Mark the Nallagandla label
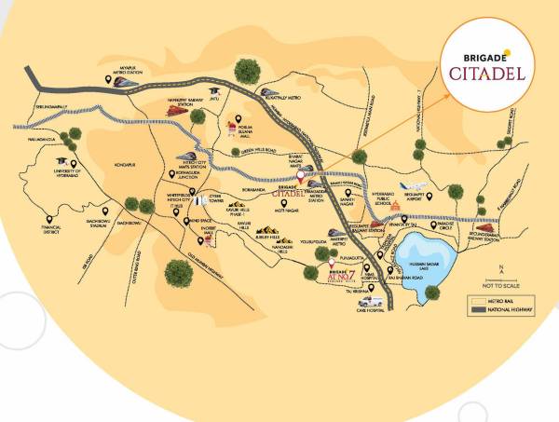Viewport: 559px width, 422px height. (34, 142)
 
